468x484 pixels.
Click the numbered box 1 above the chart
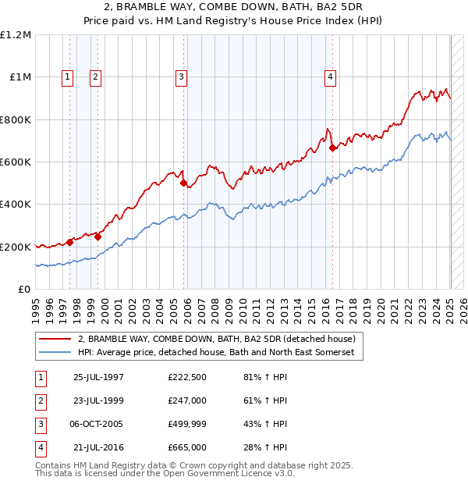[x=69, y=77]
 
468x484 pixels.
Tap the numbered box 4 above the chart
[x=331, y=77]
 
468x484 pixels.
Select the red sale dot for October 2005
[x=184, y=183]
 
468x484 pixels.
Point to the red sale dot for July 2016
[x=332, y=148]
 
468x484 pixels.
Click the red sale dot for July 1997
[x=70, y=242]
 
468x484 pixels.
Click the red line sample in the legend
[x=55, y=340]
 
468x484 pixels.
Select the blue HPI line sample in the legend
[x=55, y=353]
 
